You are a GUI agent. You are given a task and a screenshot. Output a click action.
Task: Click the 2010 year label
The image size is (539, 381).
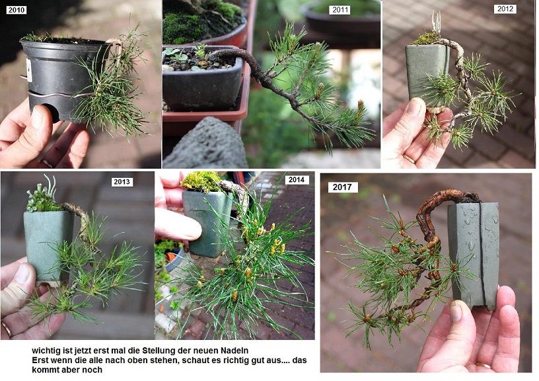[x=16, y=10]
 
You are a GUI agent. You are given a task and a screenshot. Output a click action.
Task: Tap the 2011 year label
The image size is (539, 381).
[x=340, y=10]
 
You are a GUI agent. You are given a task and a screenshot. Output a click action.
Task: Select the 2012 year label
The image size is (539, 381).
[x=505, y=9]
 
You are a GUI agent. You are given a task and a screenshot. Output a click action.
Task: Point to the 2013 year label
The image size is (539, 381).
[x=122, y=182]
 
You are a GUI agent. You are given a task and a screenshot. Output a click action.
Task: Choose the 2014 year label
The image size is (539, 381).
[x=297, y=180]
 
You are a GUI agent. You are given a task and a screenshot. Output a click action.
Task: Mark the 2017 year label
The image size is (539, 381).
[x=342, y=187]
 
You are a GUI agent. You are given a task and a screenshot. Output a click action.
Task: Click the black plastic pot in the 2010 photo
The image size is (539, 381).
[x=63, y=79]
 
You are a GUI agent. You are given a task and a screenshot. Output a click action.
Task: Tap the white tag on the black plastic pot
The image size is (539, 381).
[x=29, y=70]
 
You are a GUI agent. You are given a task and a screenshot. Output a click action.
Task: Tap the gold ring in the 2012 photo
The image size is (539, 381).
[x=409, y=159]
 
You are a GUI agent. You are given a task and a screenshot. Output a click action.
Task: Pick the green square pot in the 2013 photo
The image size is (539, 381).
[x=48, y=247]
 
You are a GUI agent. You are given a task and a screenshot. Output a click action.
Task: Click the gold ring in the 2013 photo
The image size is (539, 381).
[x=7, y=329]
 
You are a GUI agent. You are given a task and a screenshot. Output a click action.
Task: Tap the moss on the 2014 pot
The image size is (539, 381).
[x=201, y=181]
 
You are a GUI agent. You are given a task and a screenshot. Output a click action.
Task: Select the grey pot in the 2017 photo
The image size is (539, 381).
[x=474, y=255]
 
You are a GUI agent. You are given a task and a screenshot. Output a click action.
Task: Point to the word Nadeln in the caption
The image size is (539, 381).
[x=234, y=351]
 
